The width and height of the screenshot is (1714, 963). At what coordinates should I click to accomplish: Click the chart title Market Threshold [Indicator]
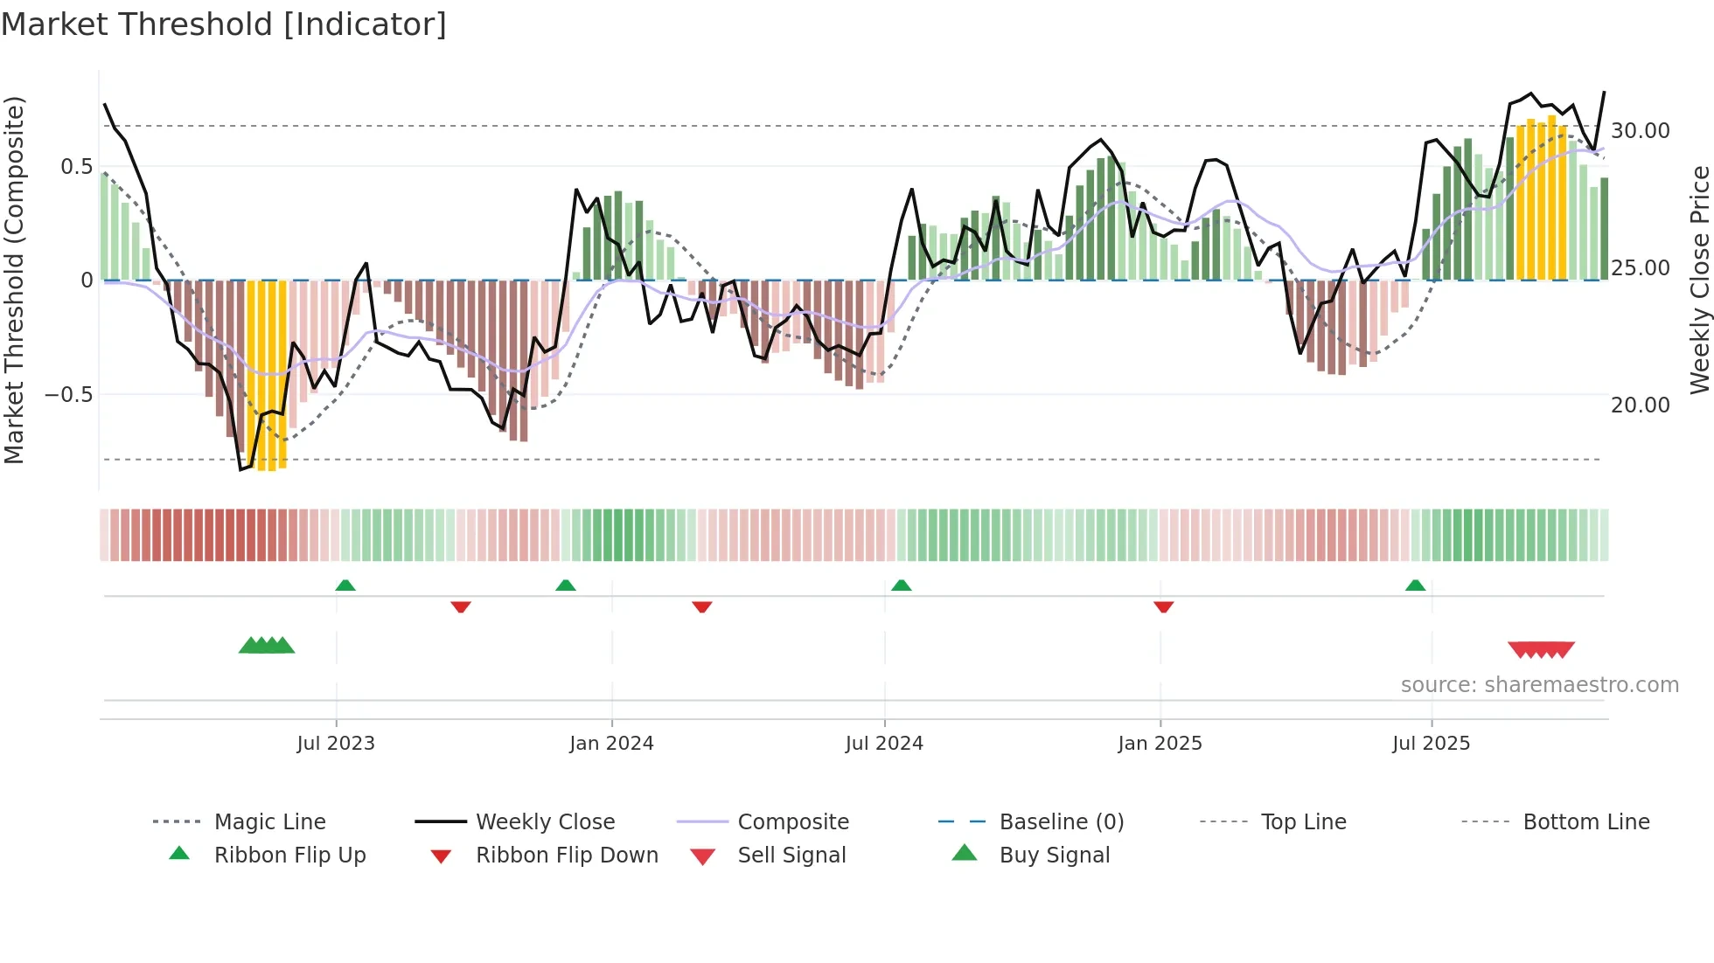tap(224, 24)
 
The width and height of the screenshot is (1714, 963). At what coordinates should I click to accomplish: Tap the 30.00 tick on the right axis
tap(1640, 131)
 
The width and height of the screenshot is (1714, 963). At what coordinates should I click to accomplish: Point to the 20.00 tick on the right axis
tap(1640, 405)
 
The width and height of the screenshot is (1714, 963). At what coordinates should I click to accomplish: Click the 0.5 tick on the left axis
tap(77, 167)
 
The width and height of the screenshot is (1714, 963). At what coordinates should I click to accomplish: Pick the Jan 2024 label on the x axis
tap(611, 744)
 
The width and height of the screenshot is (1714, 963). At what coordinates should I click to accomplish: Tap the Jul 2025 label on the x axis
tap(1431, 744)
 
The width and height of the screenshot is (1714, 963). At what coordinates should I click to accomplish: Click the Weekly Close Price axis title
tap(1699, 280)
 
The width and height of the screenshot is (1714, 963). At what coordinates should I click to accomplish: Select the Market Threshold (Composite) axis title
tap(15, 280)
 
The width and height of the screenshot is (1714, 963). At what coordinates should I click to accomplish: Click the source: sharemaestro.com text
tap(1539, 685)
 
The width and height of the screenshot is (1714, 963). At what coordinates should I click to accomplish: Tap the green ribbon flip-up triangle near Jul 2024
tap(902, 585)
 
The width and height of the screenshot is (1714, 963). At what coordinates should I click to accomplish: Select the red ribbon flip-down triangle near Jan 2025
tap(1163, 606)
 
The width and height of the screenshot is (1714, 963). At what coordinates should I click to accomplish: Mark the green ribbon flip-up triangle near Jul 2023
tap(345, 585)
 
